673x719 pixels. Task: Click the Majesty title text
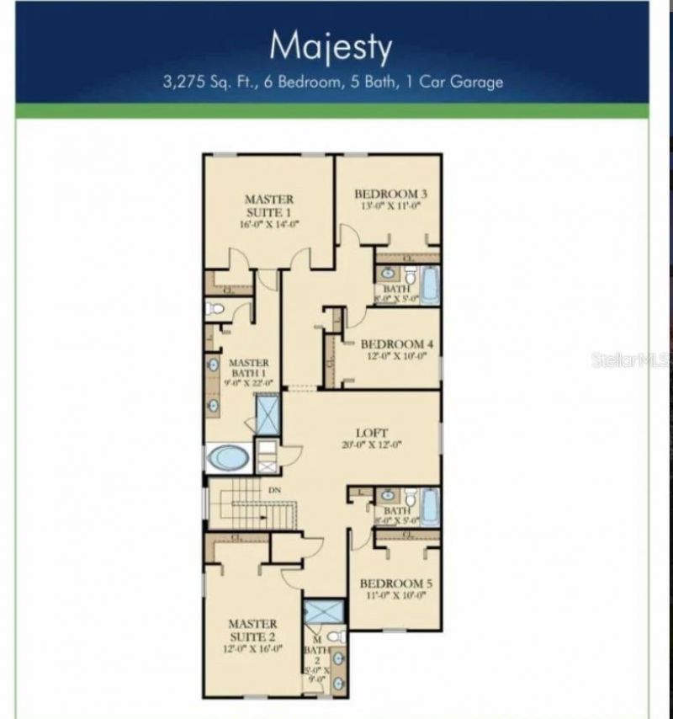(331, 47)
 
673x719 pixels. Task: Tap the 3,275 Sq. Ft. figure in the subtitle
(209, 83)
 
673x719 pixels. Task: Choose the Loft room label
(371, 433)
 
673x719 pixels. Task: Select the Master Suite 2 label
(252, 630)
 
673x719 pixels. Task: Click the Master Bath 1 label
(249, 368)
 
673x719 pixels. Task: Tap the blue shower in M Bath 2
(324, 612)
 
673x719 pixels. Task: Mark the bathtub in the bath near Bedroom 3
(429, 285)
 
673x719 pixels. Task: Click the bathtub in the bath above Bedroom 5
(429, 507)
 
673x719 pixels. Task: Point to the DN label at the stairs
(273, 490)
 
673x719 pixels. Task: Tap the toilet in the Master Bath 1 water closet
(215, 308)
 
